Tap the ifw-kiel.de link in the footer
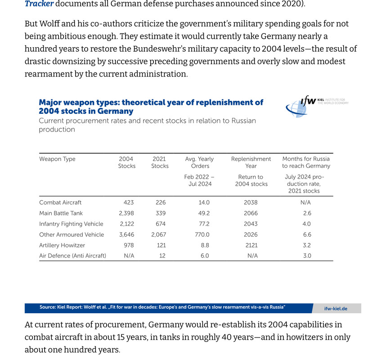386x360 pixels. pyautogui.click(x=336, y=309)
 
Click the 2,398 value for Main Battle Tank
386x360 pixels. pyautogui.click(x=126, y=213)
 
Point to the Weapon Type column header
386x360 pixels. pyautogui.click(x=57, y=159)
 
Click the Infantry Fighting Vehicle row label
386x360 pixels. pyautogui.click(x=71, y=224)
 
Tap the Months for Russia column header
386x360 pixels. pyautogui.click(x=306, y=162)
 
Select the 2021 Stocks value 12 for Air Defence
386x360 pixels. pyautogui.click(x=162, y=256)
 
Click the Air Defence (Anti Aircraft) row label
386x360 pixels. pyautogui.click(x=72, y=256)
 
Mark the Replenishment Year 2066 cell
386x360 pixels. pyautogui.click(x=251, y=213)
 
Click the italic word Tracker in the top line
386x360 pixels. pyautogui.click(x=39, y=4)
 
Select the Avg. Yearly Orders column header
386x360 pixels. pyautogui.click(x=199, y=162)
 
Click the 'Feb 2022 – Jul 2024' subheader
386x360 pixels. pyautogui.click(x=199, y=180)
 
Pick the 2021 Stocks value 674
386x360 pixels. pyautogui.click(x=160, y=224)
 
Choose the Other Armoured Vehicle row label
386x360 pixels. pyautogui.click(x=72, y=234)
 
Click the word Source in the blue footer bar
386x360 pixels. pyautogui.click(x=47, y=307)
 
